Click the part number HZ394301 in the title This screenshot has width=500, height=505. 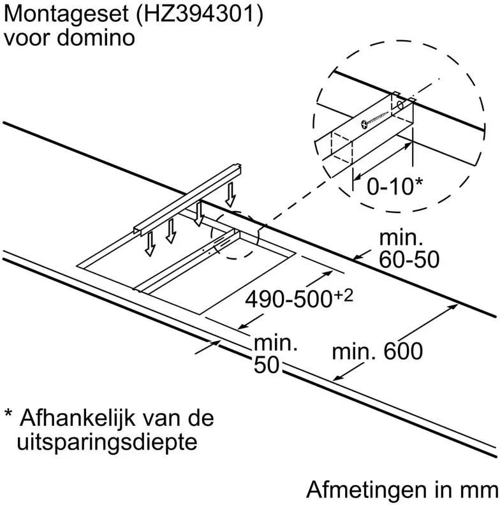click(x=191, y=14)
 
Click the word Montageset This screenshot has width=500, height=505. click(x=61, y=14)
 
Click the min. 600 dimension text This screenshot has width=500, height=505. click(x=378, y=351)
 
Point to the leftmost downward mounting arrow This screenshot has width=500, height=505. click(x=150, y=243)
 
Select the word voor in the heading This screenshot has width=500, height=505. click(x=27, y=38)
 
